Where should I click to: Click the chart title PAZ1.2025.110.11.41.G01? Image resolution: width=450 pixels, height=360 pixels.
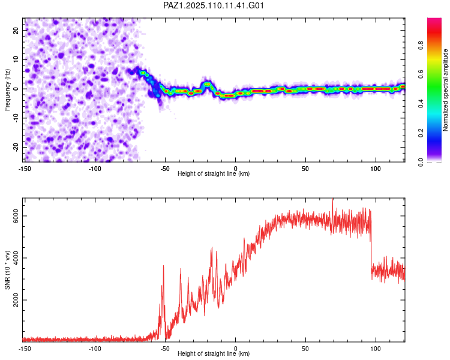[214, 5]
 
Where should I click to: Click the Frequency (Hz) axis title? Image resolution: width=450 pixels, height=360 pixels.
[7, 89]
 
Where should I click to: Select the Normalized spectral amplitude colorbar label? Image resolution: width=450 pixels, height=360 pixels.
[446, 90]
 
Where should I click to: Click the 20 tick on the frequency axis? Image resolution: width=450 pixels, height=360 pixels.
[16, 30]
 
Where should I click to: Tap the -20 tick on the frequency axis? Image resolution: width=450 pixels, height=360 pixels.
[15, 147]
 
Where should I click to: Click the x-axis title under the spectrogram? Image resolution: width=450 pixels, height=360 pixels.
[214, 173]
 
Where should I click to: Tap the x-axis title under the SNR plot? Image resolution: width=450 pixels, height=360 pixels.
[214, 354]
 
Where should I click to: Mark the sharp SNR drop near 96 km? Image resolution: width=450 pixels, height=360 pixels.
[371, 240]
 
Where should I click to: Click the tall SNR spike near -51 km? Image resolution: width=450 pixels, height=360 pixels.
[163, 267]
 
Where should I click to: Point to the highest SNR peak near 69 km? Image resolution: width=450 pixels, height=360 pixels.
[332, 200]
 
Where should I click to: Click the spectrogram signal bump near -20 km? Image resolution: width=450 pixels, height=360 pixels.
[208, 84]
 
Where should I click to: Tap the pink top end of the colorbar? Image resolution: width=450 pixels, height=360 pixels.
[434, 21]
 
